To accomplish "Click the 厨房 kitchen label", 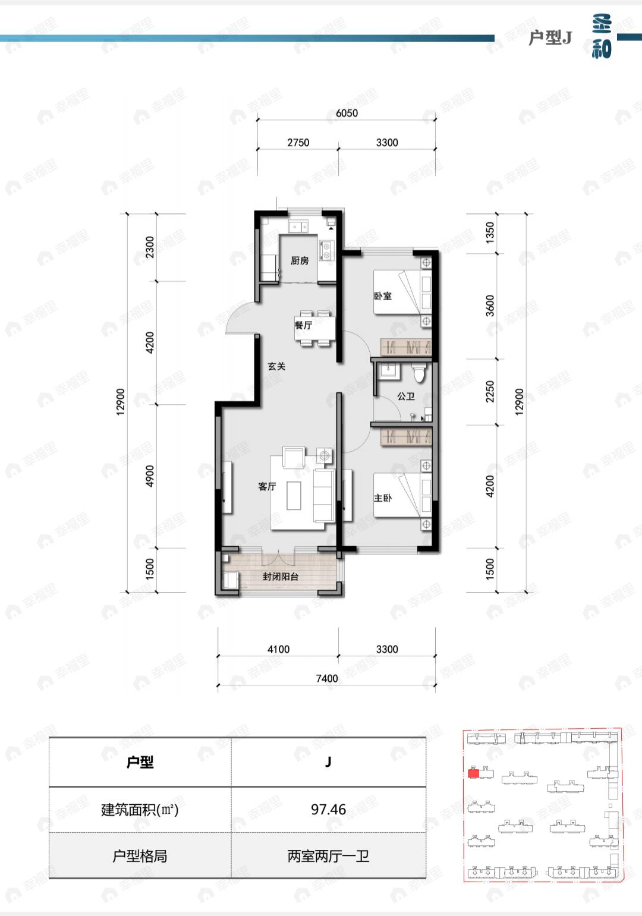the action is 300,260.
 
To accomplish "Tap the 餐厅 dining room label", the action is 303,325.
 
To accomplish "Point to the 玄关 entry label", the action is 277,366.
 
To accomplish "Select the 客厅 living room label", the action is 267,486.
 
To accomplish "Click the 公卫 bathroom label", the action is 406,396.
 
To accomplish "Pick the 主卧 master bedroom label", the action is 383,498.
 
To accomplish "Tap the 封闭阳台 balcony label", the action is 281,577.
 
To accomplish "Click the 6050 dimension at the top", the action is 347,113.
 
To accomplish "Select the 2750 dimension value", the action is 298,142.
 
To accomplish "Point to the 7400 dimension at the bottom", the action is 327,678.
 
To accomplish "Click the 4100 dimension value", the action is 278,649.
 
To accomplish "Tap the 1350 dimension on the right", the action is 490,232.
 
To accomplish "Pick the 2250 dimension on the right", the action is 490,391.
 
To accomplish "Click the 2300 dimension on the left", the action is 150,247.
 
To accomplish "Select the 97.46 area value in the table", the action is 328,809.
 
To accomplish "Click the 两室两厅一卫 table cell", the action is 328,856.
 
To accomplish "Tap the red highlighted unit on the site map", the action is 474,773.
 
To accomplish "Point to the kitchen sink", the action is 298,226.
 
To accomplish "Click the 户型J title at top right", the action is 550,38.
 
